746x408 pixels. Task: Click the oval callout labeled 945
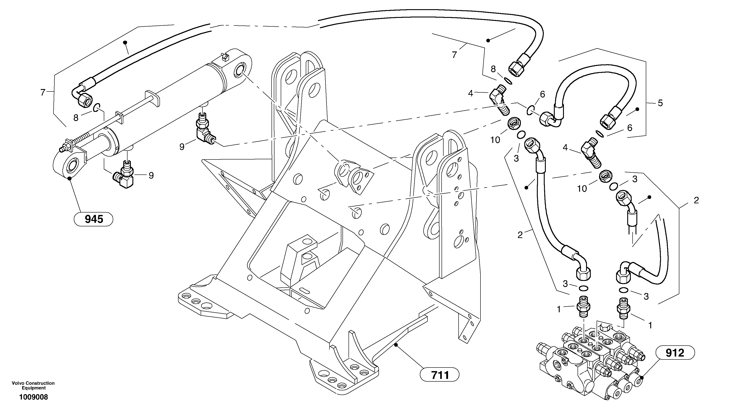[94, 219]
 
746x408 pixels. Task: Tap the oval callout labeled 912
[675, 353]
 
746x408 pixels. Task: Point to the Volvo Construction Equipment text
[33, 385]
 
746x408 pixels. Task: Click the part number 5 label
[660, 103]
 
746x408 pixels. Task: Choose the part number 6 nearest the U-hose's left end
[542, 94]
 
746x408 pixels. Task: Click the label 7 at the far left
[43, 93]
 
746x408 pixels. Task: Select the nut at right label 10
[604, 176]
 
